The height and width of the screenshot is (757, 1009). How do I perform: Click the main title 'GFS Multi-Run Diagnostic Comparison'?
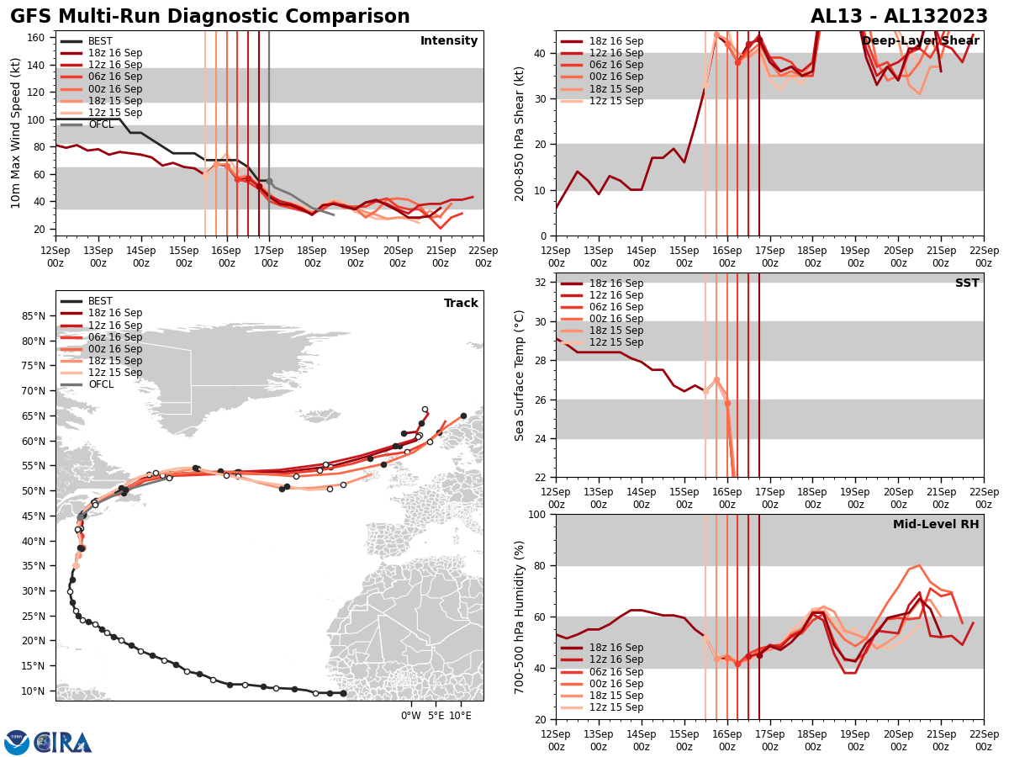pos(210,17)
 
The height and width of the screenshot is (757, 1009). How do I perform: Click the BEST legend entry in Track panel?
pos(99,301)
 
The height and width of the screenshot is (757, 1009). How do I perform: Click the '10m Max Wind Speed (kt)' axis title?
pos(15,133)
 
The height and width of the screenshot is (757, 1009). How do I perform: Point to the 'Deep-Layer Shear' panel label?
pos(920,40)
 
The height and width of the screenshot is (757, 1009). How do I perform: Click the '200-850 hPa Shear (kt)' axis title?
pos(520,133)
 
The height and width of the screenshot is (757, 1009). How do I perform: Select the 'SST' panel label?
pos(967,283)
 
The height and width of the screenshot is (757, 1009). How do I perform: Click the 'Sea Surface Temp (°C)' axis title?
pos(520,375)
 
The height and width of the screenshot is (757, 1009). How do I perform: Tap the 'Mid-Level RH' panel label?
pos(937,525)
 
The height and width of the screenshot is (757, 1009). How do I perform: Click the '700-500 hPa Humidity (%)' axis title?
pos(520,617)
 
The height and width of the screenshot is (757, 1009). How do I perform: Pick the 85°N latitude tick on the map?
pos(34,316)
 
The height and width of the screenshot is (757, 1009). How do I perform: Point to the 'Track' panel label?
pos(461,304)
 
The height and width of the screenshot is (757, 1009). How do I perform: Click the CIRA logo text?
pos(63,743)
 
